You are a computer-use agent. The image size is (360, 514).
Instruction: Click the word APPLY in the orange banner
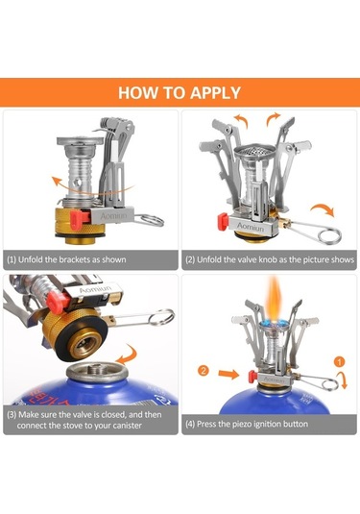(215, 93)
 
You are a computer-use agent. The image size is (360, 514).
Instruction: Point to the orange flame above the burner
(275, 298)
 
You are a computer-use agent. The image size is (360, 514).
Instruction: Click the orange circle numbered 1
(340, 362)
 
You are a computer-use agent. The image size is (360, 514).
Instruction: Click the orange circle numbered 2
(204, 371)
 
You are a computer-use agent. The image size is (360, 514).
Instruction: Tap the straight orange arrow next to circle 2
(229, 374)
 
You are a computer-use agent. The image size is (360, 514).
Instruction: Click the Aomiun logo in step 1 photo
(113, 216)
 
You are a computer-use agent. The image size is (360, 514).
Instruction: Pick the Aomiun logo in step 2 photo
(251, 227)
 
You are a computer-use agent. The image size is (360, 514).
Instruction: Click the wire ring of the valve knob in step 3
(161, 317)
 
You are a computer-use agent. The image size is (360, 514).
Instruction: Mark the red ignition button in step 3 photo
(55, 303)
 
